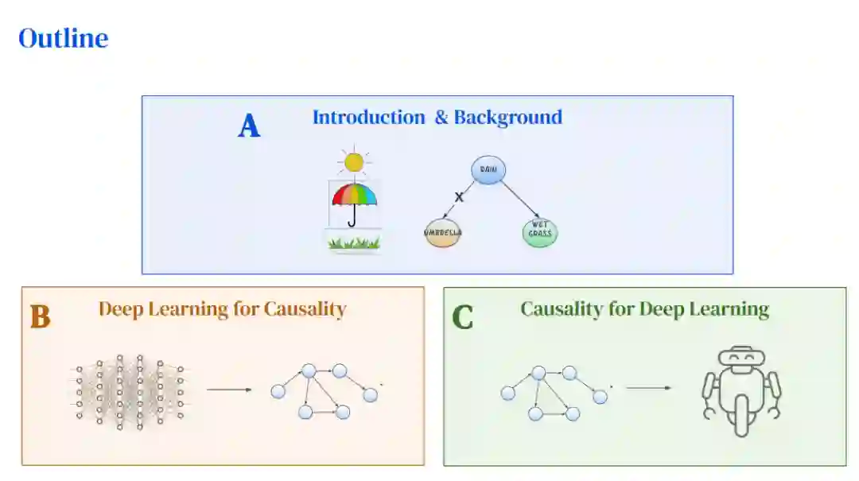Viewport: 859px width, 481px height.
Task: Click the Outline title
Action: pyautogui.click(x=64, y=38)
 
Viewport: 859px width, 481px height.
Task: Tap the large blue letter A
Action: pyautogui.click(x=249, y=126)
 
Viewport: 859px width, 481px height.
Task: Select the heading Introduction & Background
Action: pyautogui.click(x=437, y=118)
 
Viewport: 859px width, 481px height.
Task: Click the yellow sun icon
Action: pyautogui.click(x=354, y=162)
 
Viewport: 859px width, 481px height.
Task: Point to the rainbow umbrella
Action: pyautogui.click(x=354, y=199)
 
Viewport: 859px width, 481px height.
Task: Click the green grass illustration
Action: pyautogui.click(x=354, y=242)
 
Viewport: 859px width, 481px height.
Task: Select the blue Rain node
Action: pyautogui.click(x=488, y=169)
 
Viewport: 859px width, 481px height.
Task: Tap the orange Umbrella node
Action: pyautogui.click(x=442, y=233)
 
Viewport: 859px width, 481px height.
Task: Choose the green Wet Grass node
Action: pyautogui.click(x=541, y=233)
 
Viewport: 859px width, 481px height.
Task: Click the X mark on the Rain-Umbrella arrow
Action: pyautogui.click(x=459, y=197)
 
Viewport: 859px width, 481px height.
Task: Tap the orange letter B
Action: pyautogui.click(x=40, y=317)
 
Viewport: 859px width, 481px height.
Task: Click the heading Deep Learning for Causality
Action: pyautogui.click(x=223, y=309)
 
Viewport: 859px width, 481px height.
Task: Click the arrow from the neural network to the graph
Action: pyautogui.click(x=229, y=390)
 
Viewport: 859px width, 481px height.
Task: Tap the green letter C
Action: pyautogui.click(x=462, y=317)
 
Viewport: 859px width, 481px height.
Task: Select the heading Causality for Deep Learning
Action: pyautogui.click(x=644, y=309)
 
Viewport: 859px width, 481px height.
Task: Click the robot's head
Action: pyautogui.click(x=740, y=359)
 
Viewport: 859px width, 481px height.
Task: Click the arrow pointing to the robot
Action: pyautogui.click(x=649, y=388)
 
